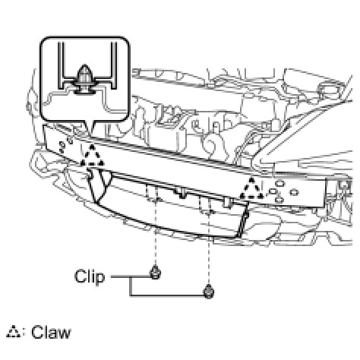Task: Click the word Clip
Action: pyautogui.click(x=90, y=276)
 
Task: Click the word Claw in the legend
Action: pyautogui.click(x=51, y=332)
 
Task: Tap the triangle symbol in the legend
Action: pyautogui.click(x=14, y=332)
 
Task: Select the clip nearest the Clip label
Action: pyautogui.click(x=155, y=273)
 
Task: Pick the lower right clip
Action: pyautogui.click(x=209, y=291)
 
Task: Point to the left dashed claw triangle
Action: pyautogui.click(x=92, y=156)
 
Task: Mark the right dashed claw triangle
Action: pyautogui.click(x=251, y=188)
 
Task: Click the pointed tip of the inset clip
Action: pyautogui.click(x=84, y=65)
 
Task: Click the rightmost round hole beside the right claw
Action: pyautogui.click(x=294, y=192)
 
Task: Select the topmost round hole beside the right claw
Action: pyautogui.click(x=280, y=183)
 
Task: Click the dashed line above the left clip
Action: pyautogui.click(x=155, y=232)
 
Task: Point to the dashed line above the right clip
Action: pyautogui.click(x=209, y=249)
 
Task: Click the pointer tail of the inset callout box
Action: pyautogui.click(x=88, y=127)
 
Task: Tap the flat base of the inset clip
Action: pyautogui.click(x=84, y=93)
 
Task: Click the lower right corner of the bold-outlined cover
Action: pyautogui.click(x=238, y=237)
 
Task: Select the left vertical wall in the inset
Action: pyautogui.click(x=61, y=65)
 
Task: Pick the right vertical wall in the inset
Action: pyautogui.click(x=114, y=65)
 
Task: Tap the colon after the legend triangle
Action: pyautogui.click(x=24, y=333)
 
